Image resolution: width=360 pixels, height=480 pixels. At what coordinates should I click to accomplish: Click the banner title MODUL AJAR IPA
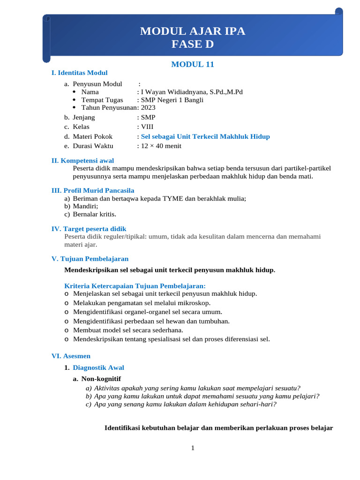pyautogui.click(x=193, y=32)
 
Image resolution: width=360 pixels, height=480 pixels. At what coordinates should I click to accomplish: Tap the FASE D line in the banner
pyautogui.click(x=193, y=45)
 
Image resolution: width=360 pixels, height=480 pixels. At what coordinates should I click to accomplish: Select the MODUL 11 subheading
pyautogui.click(x=193, y=65)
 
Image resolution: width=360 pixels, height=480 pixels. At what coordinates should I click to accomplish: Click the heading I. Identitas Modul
pyautogui.click(x=79, y=73)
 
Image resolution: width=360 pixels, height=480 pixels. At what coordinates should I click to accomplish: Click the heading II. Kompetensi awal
pyautogui.click(x=82, y=161)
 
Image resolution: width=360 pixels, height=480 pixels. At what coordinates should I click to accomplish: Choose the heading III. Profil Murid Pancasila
pyautogui.click(x=93, y=190)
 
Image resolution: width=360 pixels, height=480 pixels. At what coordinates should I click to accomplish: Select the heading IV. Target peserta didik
pyautogui.click(x=89, y=229)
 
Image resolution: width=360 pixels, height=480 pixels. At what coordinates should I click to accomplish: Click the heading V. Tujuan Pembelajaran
pyautogui.click(x=90, y=259)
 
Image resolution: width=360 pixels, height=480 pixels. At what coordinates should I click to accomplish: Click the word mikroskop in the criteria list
pyautogui.click(x=187, y=303)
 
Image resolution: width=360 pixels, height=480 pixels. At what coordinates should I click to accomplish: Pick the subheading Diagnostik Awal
pyautogui.click(x=98, y=367)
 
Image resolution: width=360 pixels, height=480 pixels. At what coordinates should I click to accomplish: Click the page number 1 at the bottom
pyautogui.click(x=193, y=448)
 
